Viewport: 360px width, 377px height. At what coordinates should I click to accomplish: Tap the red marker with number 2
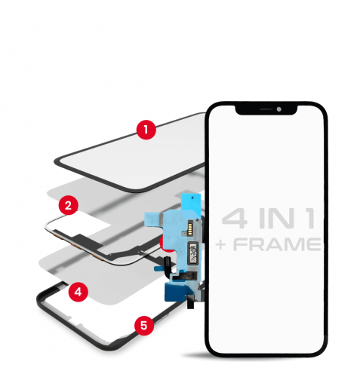point(69,204)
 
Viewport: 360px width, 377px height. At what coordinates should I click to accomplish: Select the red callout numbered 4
point(77,290)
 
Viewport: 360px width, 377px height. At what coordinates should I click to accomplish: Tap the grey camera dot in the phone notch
point(278,110)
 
